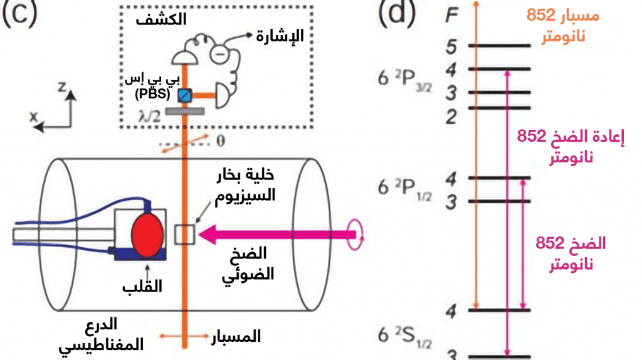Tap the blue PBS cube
[184, 95]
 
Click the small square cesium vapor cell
[185, 235]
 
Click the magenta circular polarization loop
[355, 235]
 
